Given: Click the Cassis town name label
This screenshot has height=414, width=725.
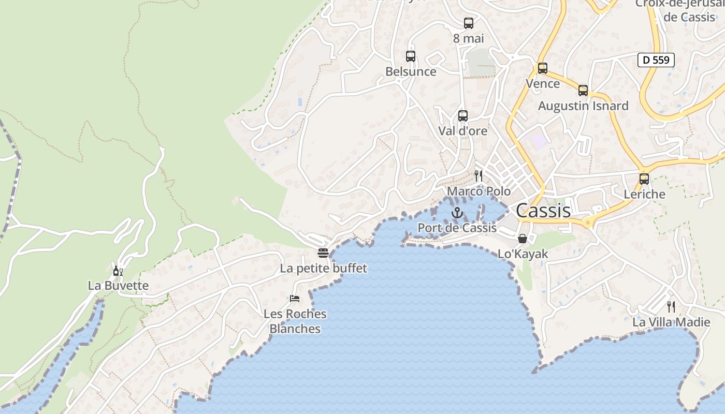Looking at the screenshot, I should click(543, 211).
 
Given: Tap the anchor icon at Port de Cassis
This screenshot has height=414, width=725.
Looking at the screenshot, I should click(457, 213).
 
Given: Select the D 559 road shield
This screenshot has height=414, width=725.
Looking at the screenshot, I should click(656, 60).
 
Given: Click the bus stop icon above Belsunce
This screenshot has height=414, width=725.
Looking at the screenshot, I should click(411, 56).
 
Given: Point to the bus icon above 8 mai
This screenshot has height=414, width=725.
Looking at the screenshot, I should click(469, 23).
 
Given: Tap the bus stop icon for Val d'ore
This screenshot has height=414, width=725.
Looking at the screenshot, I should click(463, 116).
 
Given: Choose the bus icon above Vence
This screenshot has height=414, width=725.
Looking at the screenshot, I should click(543, 68).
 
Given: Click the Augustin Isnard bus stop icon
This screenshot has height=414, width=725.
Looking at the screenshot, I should click(583, 91).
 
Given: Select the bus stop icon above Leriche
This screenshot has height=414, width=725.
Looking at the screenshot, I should click(644, 179).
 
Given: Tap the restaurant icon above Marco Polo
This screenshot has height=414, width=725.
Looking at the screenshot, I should click(479, 176).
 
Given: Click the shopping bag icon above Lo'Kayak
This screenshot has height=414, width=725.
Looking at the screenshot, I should click(523, 239).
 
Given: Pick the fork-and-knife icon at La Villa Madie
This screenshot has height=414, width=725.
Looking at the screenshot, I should click(671, 307).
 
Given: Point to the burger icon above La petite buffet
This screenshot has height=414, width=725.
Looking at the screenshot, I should click(323, 253).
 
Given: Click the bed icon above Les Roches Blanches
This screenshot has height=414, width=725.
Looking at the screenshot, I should click(295, 299).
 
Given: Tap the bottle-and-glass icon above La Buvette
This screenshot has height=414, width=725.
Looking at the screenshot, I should click(118, 271).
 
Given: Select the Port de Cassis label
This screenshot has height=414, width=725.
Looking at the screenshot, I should click(457, 228).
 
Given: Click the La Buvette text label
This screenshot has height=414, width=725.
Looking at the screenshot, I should click(118, 286).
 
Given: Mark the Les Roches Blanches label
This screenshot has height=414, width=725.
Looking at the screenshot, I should click(295, 321).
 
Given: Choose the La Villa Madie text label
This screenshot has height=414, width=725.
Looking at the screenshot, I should click(671, 322).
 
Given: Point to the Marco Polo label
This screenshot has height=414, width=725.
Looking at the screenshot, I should click(479, 191).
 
